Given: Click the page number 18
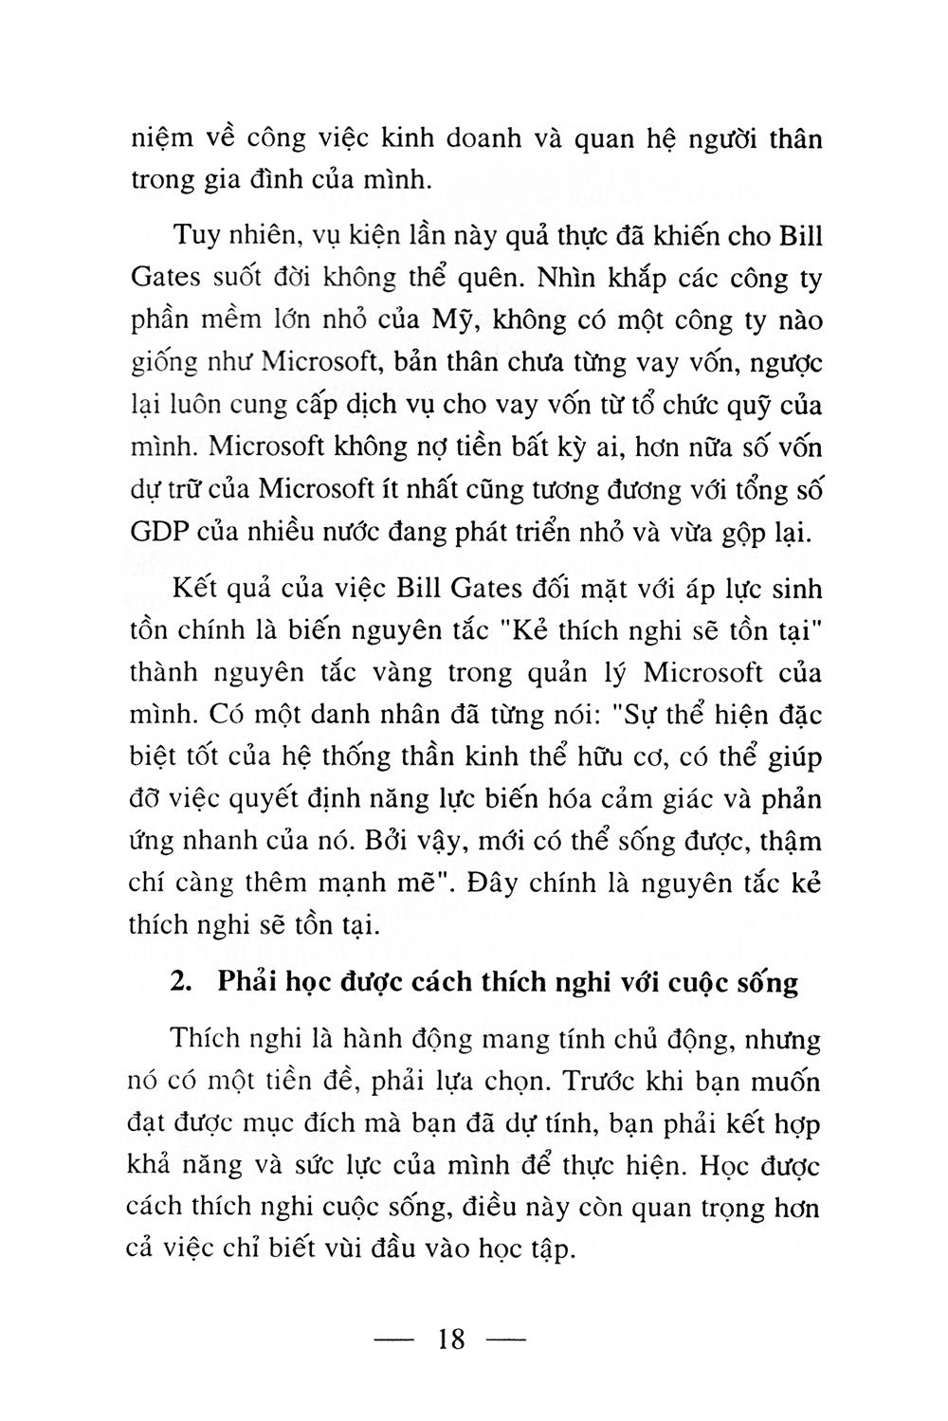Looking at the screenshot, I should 452,1339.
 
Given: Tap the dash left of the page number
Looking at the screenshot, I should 397,1340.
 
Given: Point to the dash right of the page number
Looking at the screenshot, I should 505,1340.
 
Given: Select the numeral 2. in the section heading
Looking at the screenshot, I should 184,983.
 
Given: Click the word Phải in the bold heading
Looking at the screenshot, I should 245,983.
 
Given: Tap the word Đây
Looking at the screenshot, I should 500,884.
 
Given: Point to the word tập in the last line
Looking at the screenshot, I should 550,1250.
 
